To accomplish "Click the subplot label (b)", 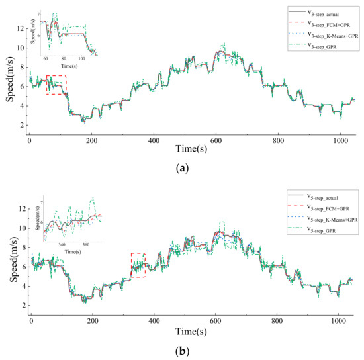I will tap(183, 351).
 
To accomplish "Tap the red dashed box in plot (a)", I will tap(56, 85).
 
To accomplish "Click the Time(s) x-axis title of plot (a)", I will tap(192, 151).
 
